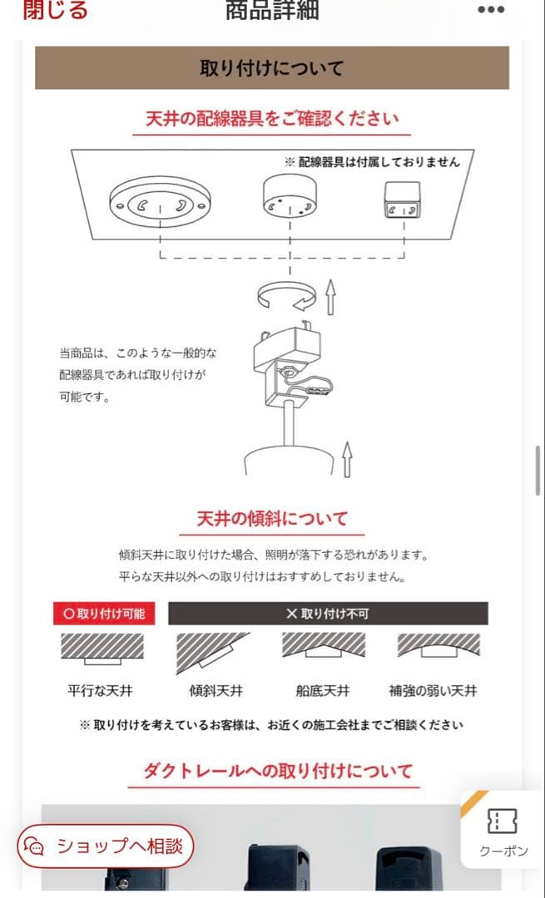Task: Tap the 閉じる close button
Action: tap(55, 10)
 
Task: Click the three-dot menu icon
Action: tap(490, 10)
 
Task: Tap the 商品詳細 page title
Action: tap(272, 10)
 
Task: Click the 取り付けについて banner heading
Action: tap(271, 67)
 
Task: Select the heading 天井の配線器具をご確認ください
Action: tap(272, 118)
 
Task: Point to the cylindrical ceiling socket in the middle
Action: tap(289, 200)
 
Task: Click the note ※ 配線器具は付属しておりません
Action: tap(372, 161)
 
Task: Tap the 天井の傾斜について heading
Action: tap(272, 519)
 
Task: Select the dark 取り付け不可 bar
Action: tap(328, 614)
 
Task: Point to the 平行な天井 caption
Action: tap(101, 690)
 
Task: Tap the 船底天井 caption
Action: tap(322, 690)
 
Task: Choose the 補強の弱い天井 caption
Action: tap(433, 690)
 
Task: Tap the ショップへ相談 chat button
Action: tap(106, 846)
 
